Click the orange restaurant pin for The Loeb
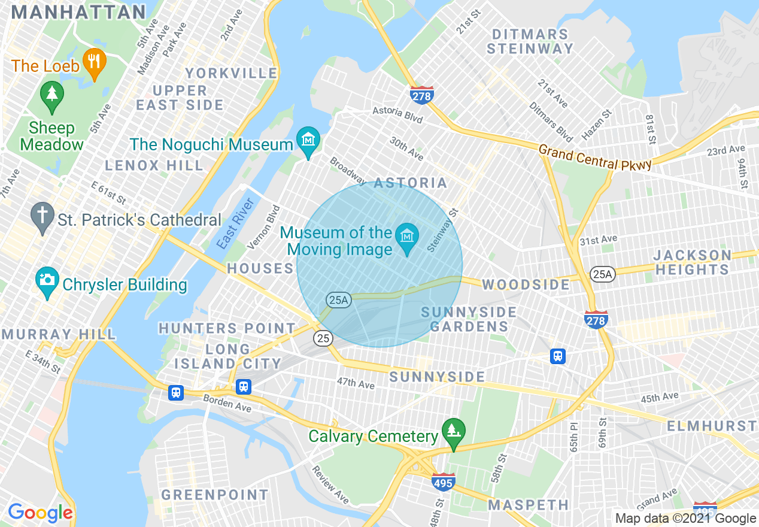[x=94, y=62]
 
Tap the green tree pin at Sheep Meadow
[x=52, y=96]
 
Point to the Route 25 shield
[x=323, y=338]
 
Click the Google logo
[x=41, y=513]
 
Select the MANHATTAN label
[x=79, y=12]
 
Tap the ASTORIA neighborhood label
[x=411, y=183]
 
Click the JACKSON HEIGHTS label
[x=693, y=262]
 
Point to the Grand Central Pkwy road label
[x=594, y=157]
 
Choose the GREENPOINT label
[x=215, y=495]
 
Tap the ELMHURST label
[x=712, y=426]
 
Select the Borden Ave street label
[x=227, y=404]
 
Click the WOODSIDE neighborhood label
[x=526, y=284]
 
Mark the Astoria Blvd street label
[x=397, y=115]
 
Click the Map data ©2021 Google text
[x=686, y=519]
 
